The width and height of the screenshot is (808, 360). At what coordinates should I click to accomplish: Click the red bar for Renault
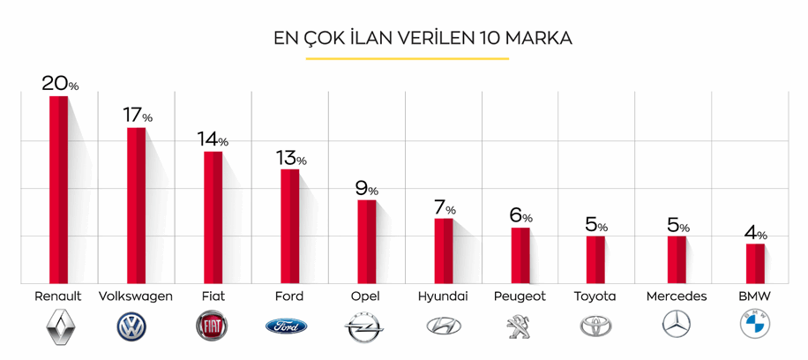[58, 190]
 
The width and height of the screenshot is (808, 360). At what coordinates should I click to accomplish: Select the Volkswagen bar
[136, 206]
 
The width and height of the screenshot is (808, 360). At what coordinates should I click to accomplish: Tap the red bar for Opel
[366, 242]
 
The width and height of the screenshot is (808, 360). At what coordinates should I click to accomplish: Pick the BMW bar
[755, 263]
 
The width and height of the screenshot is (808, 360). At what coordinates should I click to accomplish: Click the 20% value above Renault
[60, 84]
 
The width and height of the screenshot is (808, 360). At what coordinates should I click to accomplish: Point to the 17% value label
[138, 116]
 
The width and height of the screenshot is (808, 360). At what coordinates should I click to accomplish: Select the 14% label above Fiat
[213, 139]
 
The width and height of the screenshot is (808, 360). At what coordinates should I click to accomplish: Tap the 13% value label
[290, 158]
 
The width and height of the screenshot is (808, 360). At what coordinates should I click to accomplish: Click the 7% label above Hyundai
[444, 208]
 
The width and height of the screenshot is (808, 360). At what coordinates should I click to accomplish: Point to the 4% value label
[756, 234]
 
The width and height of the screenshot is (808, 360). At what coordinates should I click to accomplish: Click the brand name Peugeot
[520, 296]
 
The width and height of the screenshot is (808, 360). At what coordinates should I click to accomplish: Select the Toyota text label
[595, 296]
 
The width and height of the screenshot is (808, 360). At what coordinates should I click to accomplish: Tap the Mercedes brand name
[677, 296]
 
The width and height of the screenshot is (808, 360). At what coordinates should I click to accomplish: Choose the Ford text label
[288, 296]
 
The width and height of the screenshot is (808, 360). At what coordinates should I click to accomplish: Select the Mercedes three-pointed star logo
[677, 326]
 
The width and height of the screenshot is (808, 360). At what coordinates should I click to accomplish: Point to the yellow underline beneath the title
[408, 59]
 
